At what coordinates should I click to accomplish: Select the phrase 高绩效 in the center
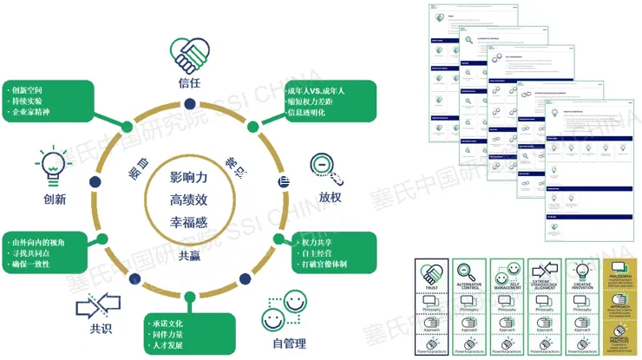coord(189,200)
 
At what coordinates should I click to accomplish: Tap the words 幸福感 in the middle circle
coord(189,223)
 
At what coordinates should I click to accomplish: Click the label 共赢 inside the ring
coord(190,256)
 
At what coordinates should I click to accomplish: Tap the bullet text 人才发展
coord(169,346)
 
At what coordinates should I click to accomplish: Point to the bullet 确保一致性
coord(35,264)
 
